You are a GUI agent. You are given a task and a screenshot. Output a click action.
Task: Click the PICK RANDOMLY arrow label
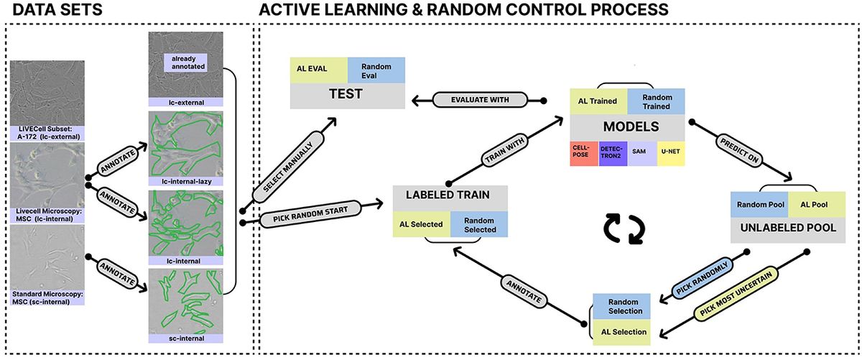(694, 281)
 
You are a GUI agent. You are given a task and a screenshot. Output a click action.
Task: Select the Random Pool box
(759, 204)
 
